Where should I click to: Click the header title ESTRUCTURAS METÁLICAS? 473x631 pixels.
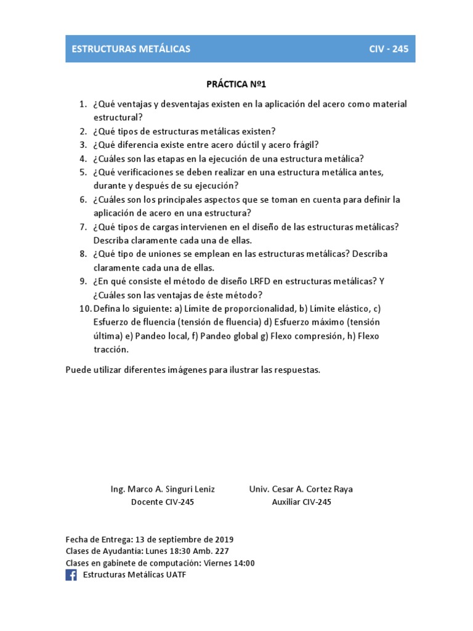pos(131,49)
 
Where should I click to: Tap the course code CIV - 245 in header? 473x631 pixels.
pos(388,49)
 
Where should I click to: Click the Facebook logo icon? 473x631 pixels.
pos(71,575)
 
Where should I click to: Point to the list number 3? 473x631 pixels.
pos(83,145)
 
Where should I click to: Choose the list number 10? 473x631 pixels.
pos(85,308)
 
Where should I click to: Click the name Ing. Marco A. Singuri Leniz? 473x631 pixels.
pos(163,489)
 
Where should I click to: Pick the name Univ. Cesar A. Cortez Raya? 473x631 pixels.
pos(301,489)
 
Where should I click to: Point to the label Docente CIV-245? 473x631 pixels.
pos(163,502)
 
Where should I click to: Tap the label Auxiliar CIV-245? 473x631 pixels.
pos(301,502)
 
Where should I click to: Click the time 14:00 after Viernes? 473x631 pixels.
pos(243,563)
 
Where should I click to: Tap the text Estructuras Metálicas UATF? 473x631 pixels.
pos(134,575)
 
